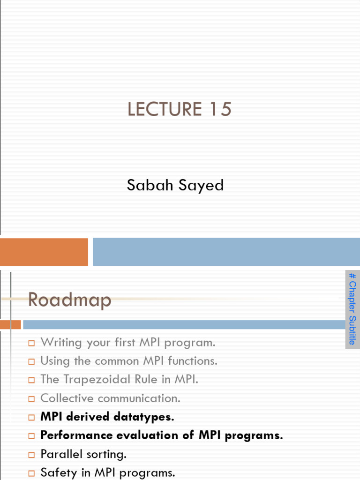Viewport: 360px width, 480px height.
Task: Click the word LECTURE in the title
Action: click(157, 109)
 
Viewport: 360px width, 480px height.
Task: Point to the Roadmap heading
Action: click(69, 300)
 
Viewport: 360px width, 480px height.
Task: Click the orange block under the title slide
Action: click(44, 252)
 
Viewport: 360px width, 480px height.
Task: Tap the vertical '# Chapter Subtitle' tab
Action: click(352, 309)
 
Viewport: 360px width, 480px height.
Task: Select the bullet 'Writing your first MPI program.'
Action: click(128, 342)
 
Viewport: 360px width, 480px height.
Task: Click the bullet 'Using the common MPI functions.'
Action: click(129, 361)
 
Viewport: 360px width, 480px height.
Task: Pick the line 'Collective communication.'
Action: click(110, 398)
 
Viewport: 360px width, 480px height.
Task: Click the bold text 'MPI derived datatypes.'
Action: click(107, 417)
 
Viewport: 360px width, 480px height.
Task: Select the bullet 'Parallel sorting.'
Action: click(83, 454)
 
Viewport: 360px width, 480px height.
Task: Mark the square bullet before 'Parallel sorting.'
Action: click(31, 455)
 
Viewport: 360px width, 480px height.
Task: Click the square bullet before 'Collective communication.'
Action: click(31, 399)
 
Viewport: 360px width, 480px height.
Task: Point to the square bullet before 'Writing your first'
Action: click(31, 343)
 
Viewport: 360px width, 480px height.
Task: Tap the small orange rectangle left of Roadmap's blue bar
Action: click(10, 324)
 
